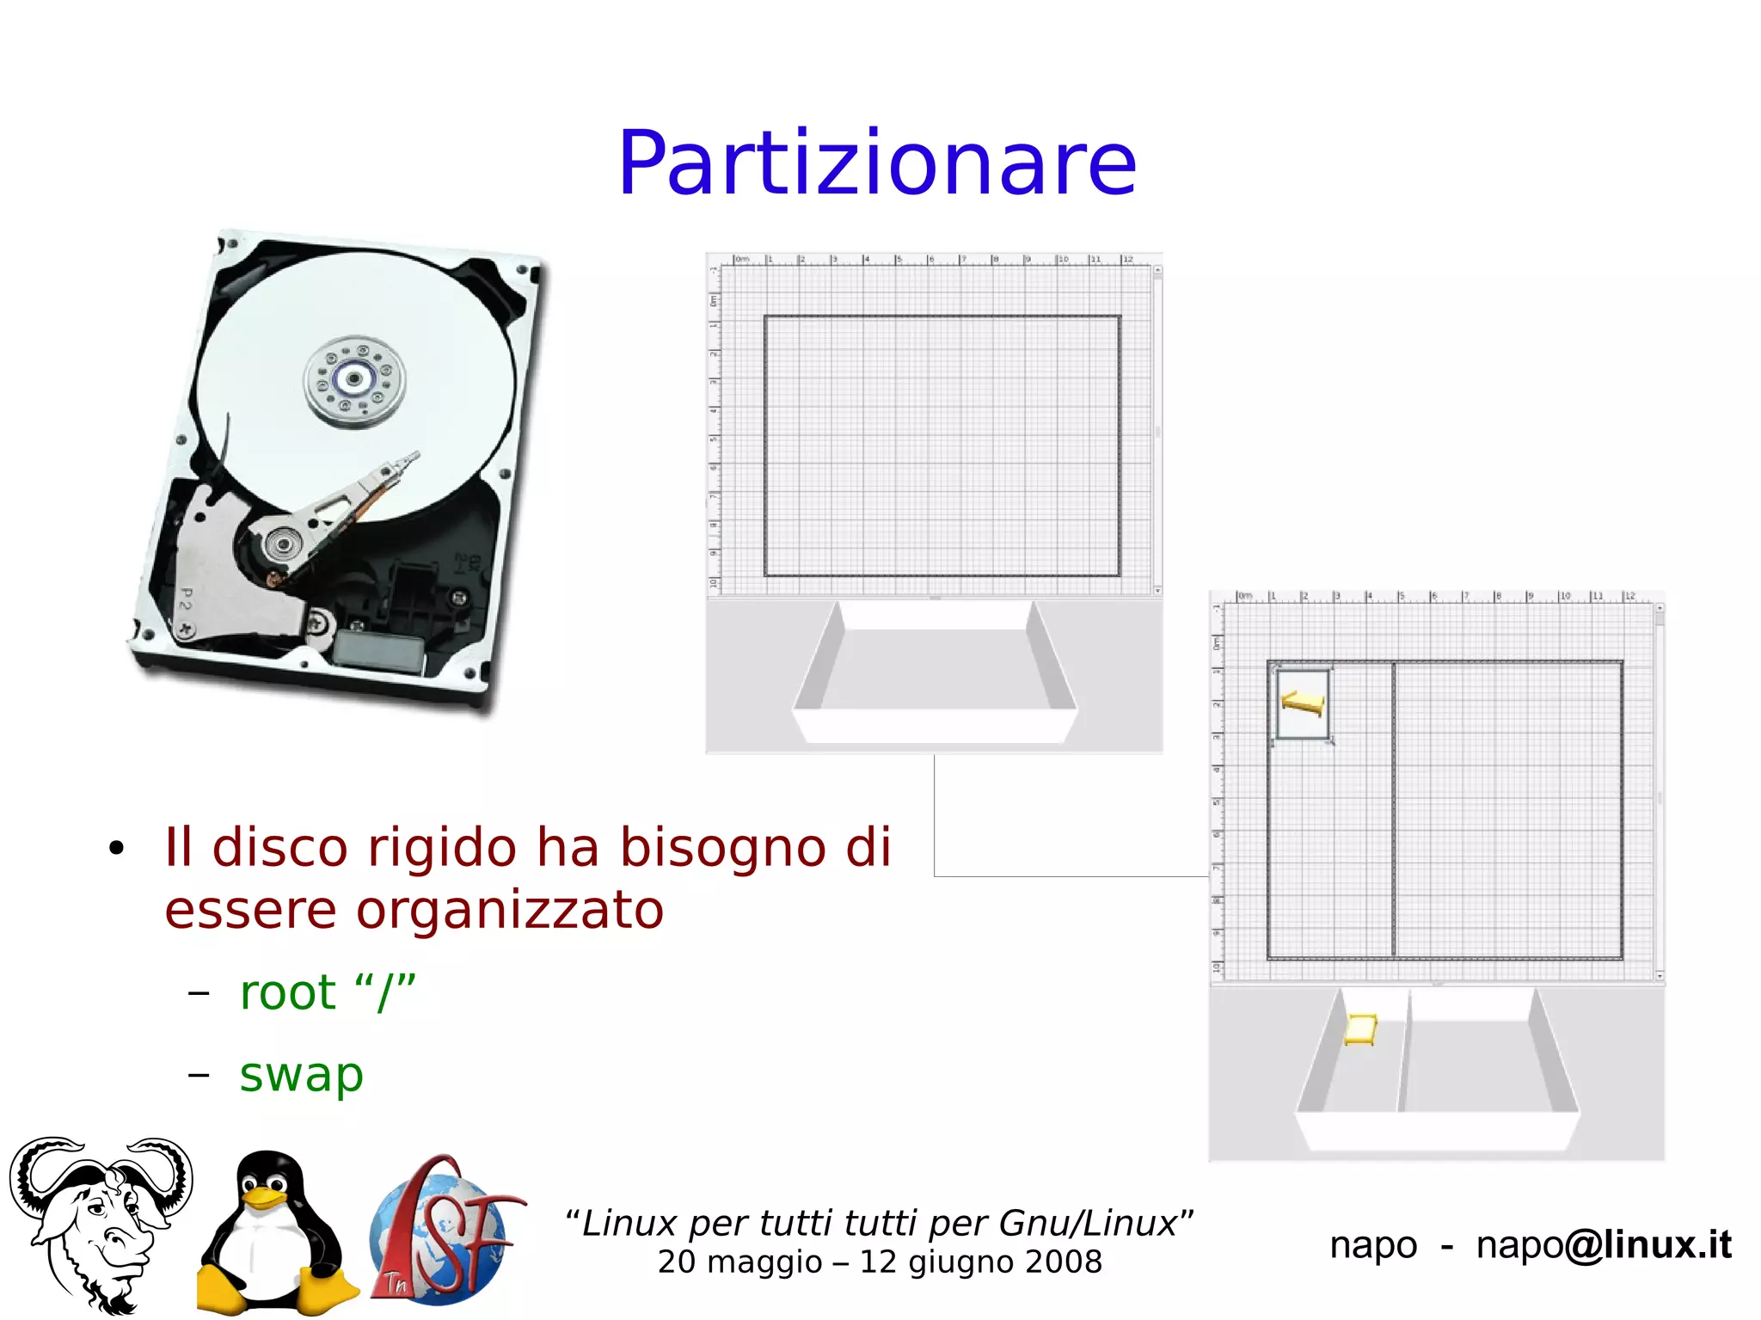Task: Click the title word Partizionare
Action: click(x=877, y=163)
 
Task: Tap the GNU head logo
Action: click(x=101, y=1221)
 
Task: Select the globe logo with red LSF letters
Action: click(x=444, y=1230)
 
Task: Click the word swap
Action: click(x=301, y=1075)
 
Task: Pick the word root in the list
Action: click(x=287, y=992)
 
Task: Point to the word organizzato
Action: click(x=509, y=910)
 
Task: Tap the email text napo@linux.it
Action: click(x=1603, y=1244)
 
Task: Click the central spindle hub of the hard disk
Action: click(x=354, y=379)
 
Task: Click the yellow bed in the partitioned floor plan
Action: click(x=1303, y=703)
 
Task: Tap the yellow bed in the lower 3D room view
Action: click(x=1360, y=1028)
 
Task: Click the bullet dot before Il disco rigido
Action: click(x=117, y=849)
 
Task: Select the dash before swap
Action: click(x=199, y=1075)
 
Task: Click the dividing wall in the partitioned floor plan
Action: click(x=1393, y=808)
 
